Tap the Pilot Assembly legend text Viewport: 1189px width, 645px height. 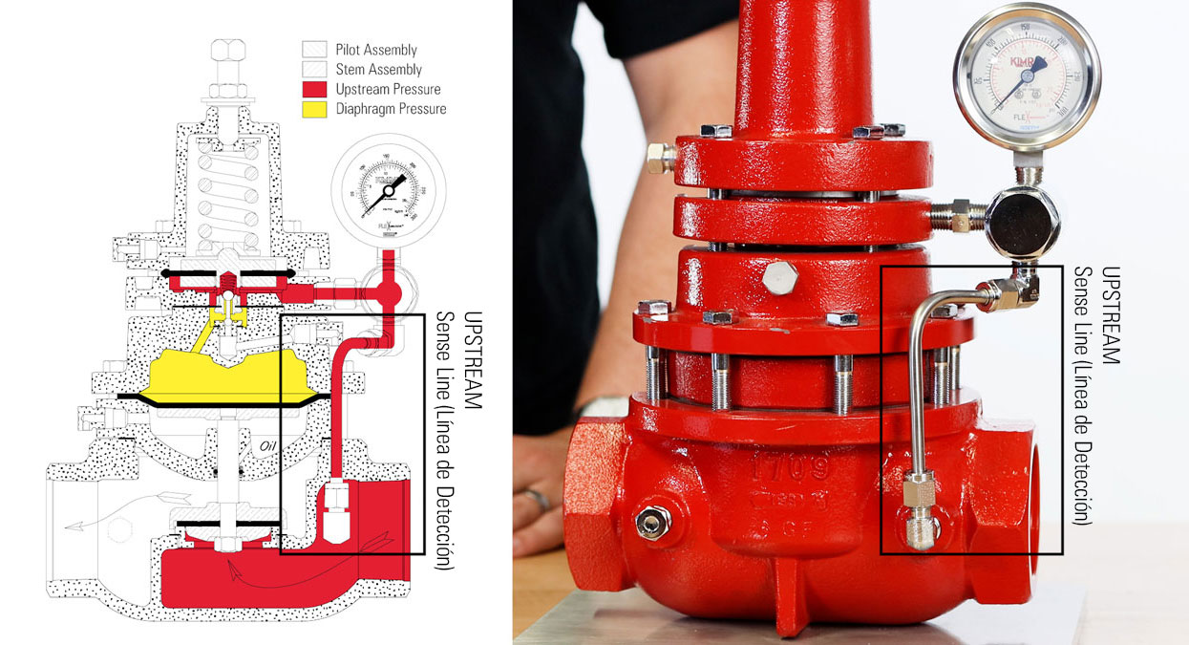376,50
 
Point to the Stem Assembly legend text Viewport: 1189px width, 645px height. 378,70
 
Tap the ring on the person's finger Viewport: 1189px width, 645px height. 538,499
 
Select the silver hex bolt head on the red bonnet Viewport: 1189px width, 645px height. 781,280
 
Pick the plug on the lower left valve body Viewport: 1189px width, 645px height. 653,523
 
